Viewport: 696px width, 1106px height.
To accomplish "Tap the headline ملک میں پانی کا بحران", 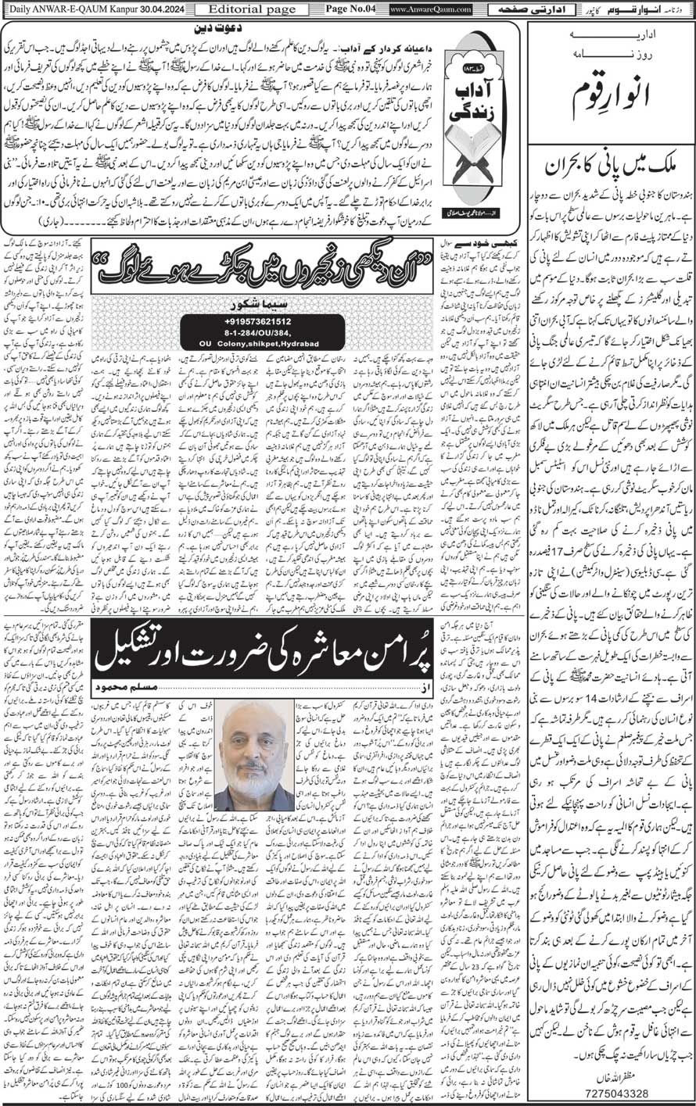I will tap(610, 165).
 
